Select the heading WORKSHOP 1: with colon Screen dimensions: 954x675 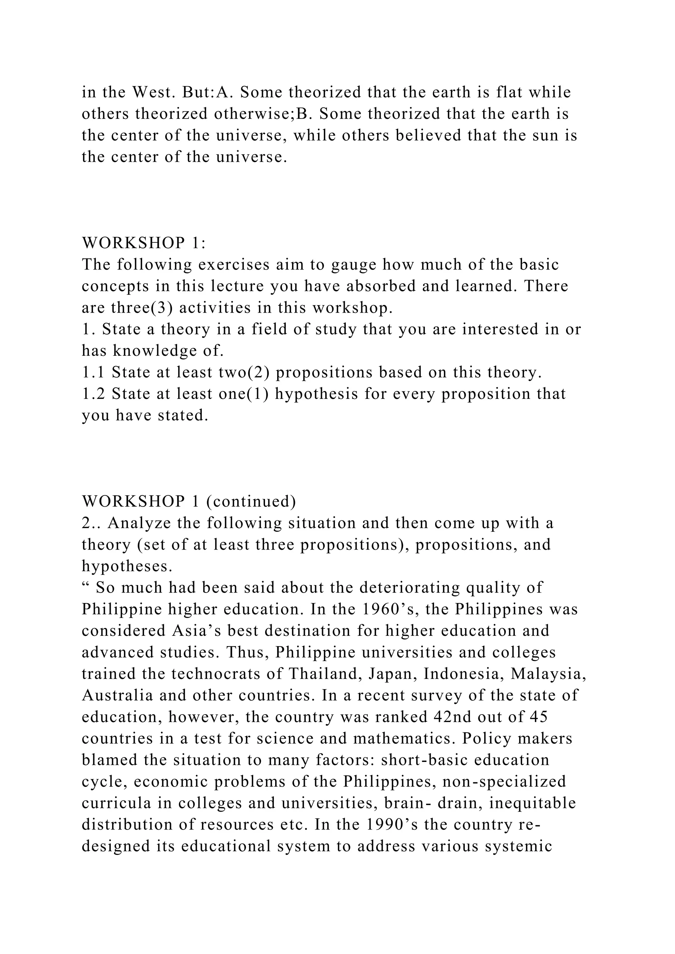[x=144, y=243]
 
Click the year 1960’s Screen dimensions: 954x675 [x=390, y=609]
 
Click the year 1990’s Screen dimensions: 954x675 [x=390, y=825]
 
